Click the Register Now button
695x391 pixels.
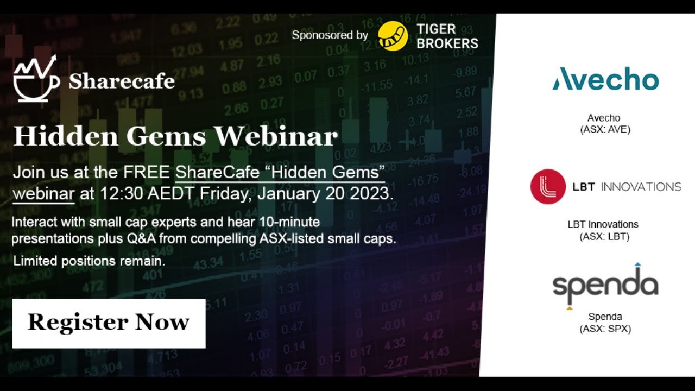point(109,323)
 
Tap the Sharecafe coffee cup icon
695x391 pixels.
point(36,80)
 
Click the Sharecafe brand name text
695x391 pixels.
point(122,81)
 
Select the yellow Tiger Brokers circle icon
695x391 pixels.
point(393,36)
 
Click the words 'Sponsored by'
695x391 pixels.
point(330,35)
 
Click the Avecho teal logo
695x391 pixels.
point(605,80)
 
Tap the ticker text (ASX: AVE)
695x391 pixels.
point(604,130)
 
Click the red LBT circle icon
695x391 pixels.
point(548,187)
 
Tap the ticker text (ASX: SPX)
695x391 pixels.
point(605,329)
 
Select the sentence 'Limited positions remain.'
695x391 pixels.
point(89,261)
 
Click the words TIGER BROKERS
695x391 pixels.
point(447,36)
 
